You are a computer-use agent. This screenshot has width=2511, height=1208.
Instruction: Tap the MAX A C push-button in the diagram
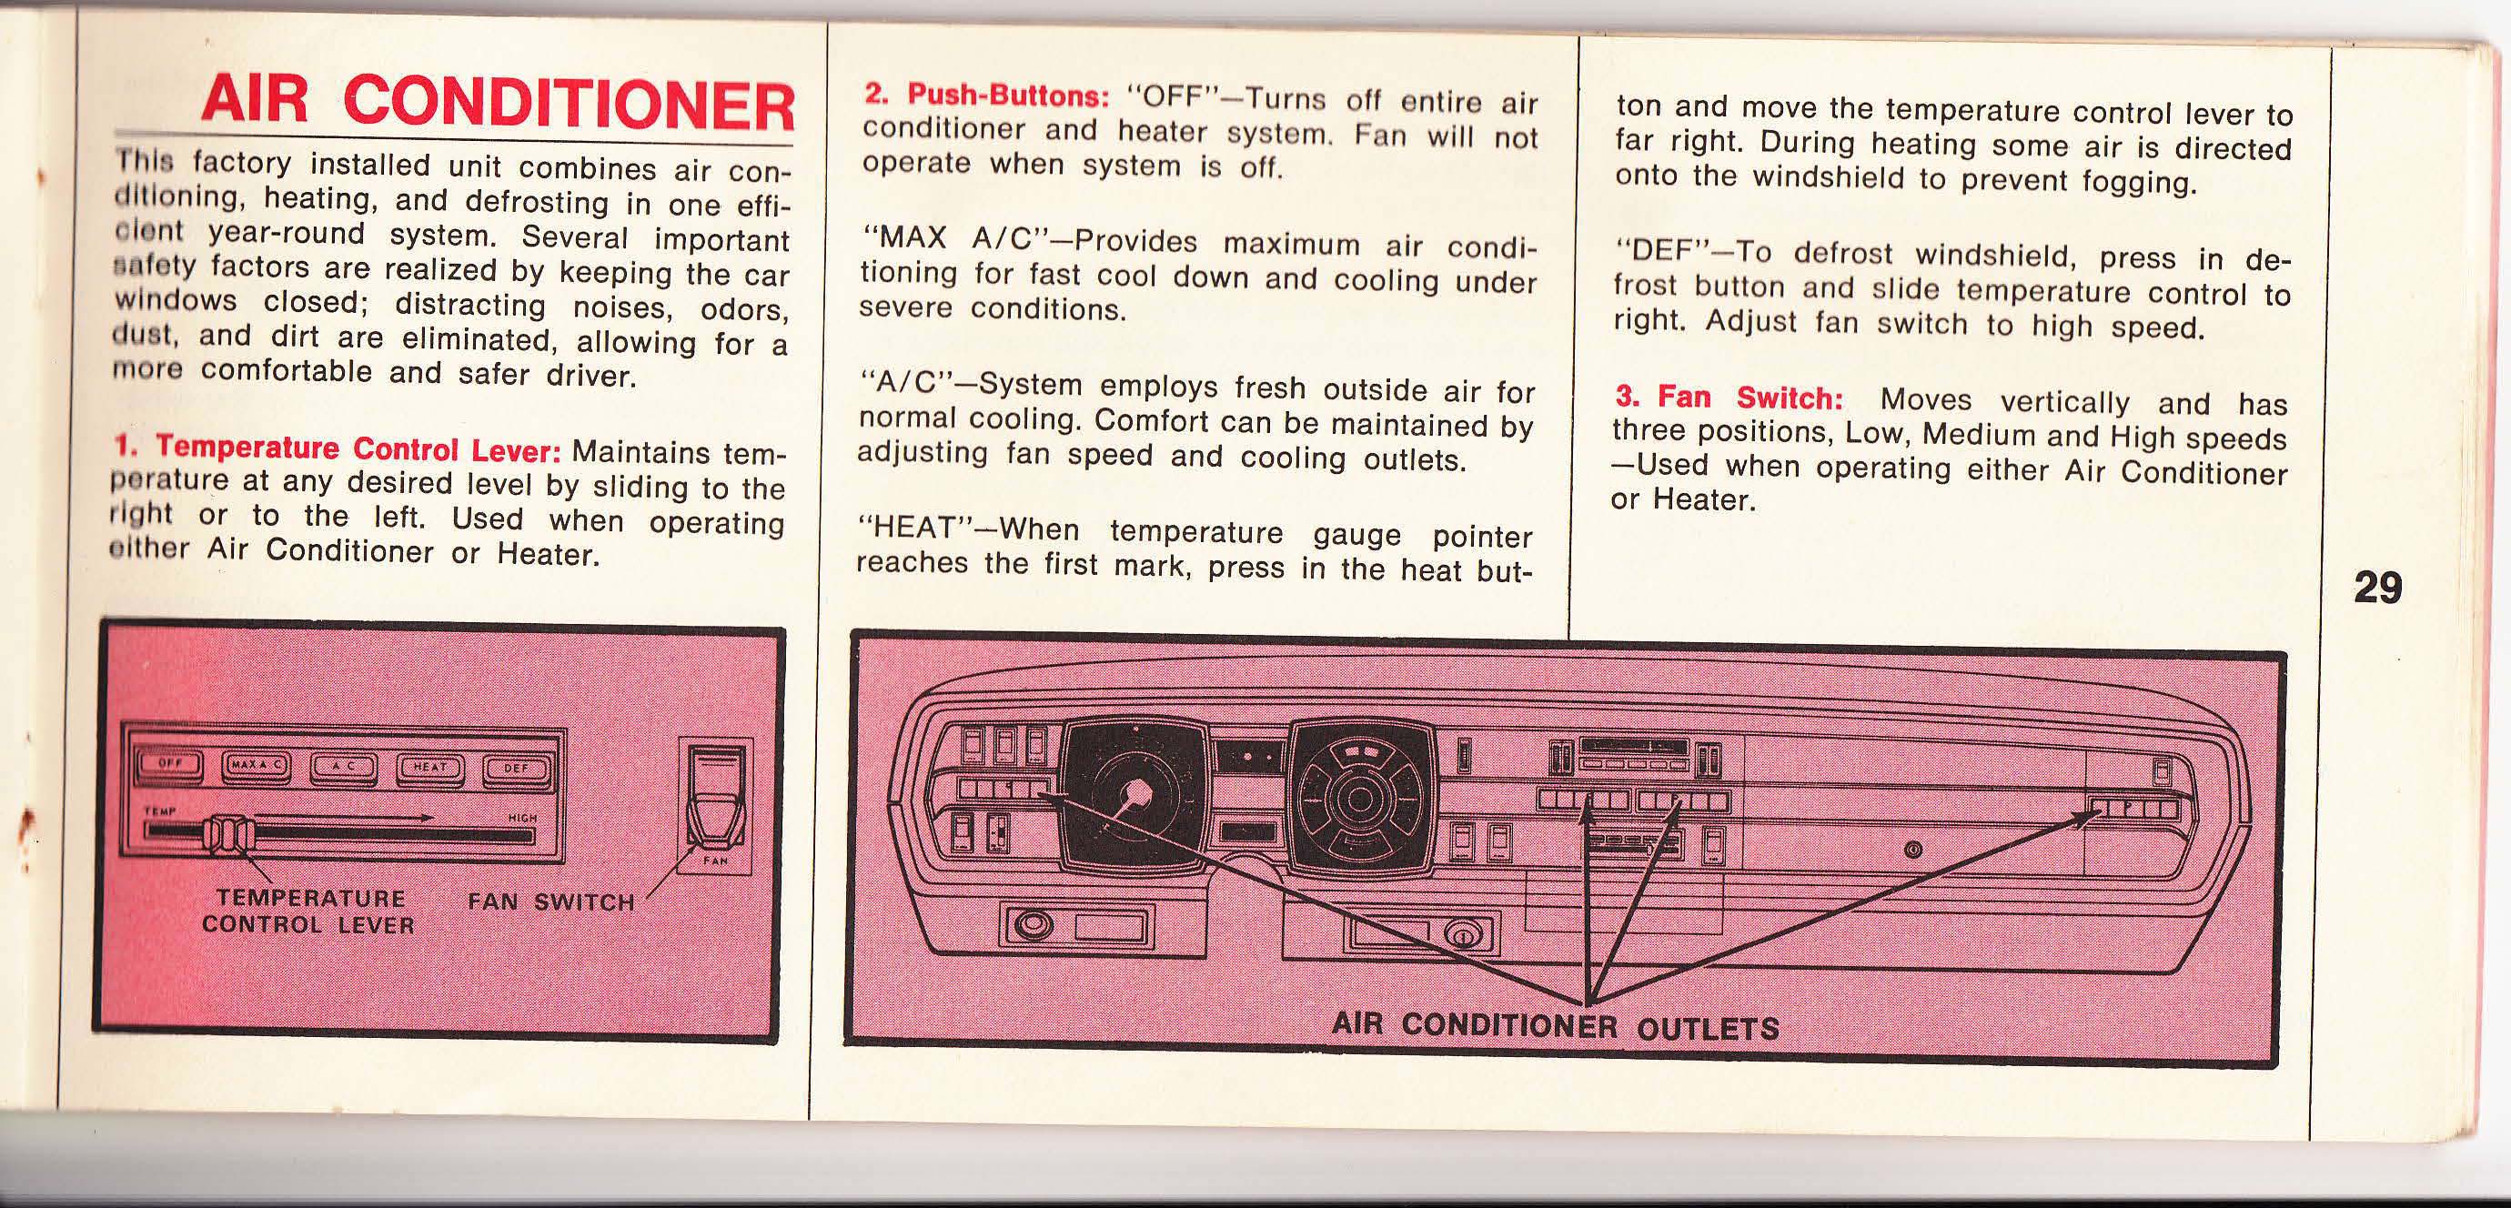tap(257, 766)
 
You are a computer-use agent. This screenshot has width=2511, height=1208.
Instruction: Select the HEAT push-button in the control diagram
tap(429, 770)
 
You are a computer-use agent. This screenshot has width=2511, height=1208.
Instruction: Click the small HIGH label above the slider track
tap(521, 819)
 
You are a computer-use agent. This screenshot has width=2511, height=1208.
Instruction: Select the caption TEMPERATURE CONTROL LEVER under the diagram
tap(309, 911)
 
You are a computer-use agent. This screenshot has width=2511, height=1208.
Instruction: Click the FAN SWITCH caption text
tap(550, 901)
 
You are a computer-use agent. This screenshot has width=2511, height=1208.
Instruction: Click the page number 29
tap(2377, 588)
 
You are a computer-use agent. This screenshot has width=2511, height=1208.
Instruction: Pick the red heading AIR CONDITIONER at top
tap(497, 104)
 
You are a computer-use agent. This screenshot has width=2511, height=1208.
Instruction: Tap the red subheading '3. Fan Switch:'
tap(1729, 397)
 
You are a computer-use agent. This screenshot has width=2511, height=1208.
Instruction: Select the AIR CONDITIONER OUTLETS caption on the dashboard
tap(1556, 1026)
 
